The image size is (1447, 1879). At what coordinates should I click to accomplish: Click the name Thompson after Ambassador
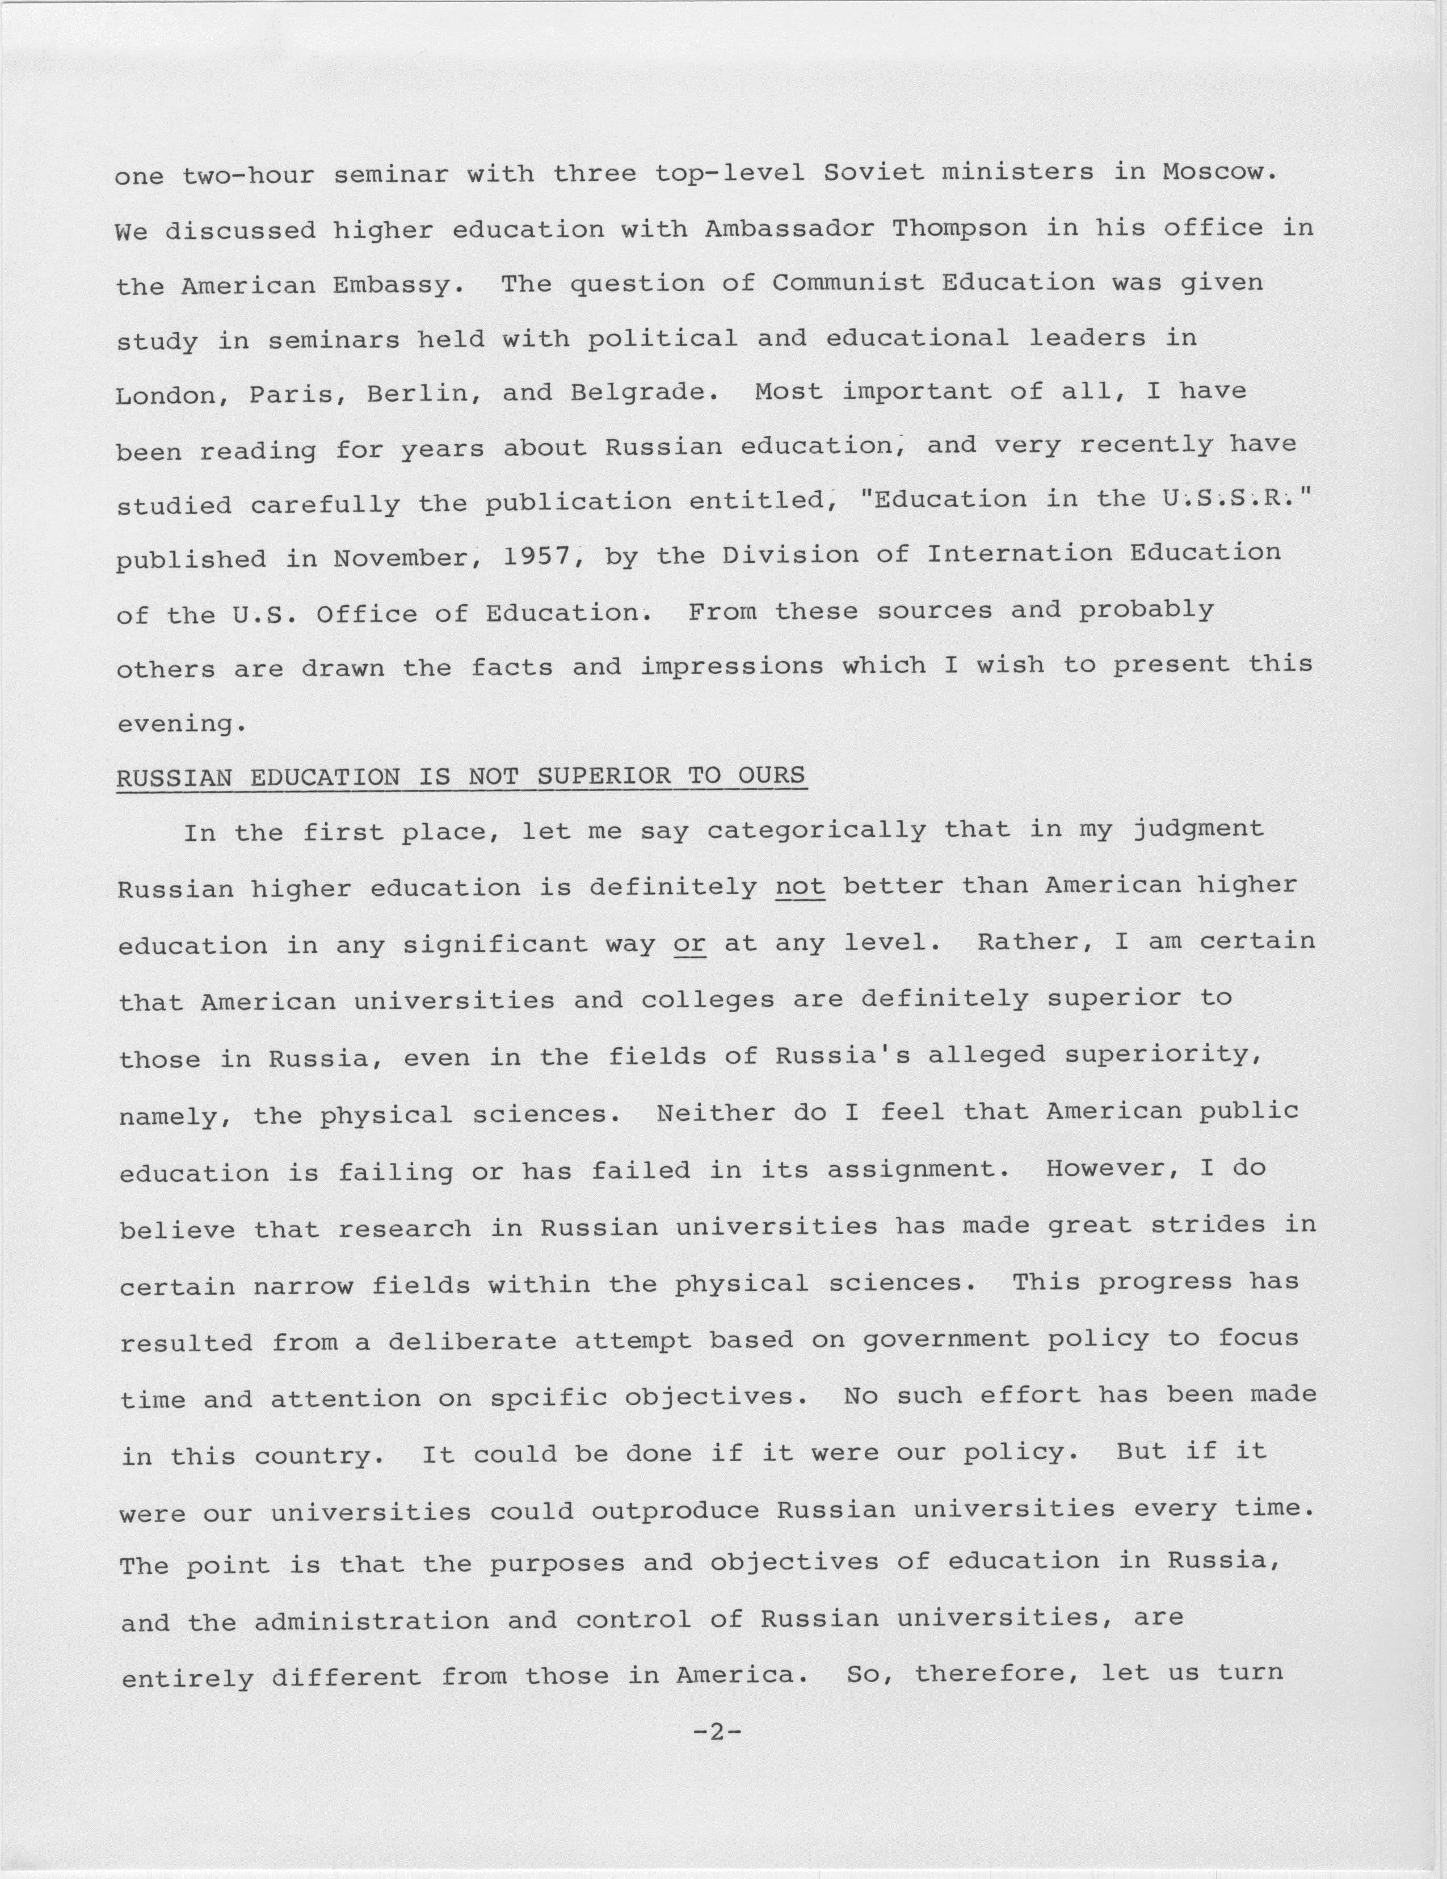(959, 228)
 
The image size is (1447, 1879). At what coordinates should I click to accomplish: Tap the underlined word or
(690, 943)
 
